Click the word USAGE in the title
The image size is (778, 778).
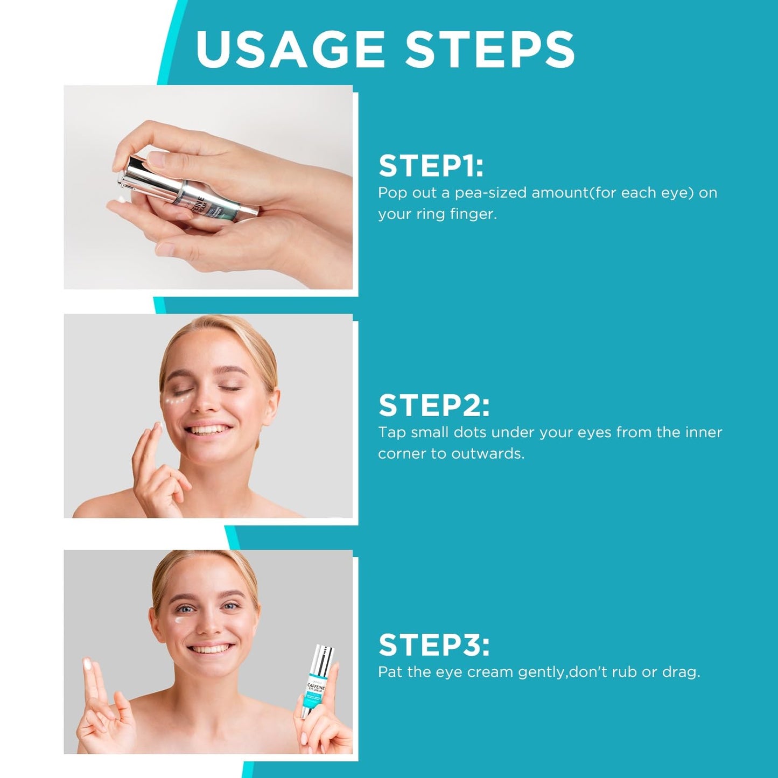290,49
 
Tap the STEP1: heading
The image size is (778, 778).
431,165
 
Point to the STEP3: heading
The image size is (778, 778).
434,644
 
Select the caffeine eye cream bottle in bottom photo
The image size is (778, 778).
317,681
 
